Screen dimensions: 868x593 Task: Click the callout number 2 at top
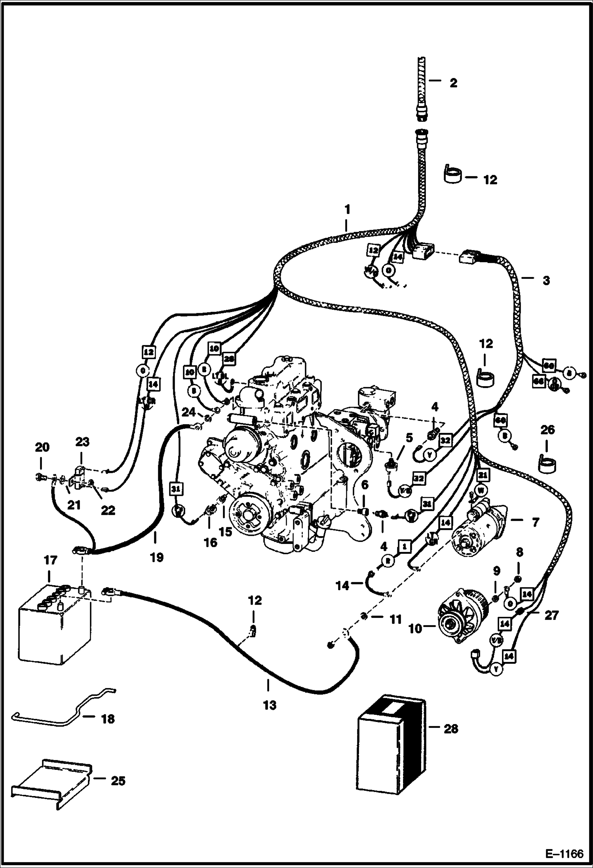[x=453, y=83]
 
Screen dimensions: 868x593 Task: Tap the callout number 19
[x=157, y=557]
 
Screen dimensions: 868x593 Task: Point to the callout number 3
[x=546, y=280]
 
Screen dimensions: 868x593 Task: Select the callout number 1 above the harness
[x=347, y=209]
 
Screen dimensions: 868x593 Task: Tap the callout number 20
[x=42, y=447]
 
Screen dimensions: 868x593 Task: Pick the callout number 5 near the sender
[x=409, y=437]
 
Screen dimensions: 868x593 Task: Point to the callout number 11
[x=396, y=619]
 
